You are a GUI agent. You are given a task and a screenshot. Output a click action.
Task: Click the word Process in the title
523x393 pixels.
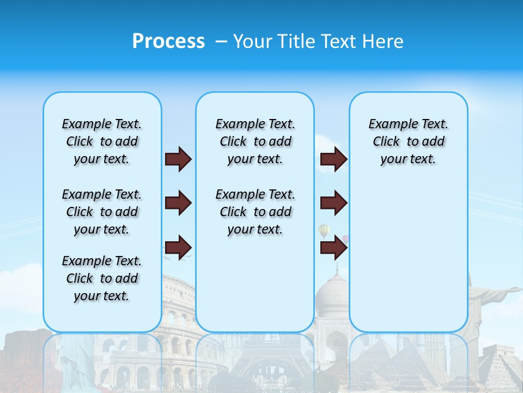tap(168, 41)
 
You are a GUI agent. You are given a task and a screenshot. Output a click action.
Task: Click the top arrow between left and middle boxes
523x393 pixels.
tap(178, 159)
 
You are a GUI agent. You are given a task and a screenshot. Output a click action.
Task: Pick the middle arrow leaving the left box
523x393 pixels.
tap(178, 203)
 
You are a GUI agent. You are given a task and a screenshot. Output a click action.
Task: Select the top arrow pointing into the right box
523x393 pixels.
tap(333, 159)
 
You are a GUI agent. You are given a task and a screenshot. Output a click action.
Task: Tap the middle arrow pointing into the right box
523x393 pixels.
tap(333, 203)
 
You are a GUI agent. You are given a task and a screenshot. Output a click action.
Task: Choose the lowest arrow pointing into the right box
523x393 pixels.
tap(333, 248)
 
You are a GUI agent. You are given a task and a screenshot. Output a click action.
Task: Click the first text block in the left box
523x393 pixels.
tap(102, 141)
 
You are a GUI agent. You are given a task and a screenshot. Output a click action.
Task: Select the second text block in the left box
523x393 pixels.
tap(102, 212)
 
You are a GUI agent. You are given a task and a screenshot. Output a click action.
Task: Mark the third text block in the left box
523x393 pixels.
tap(102, 278)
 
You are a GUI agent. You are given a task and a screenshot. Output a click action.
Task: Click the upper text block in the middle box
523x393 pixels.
tap(255, 141)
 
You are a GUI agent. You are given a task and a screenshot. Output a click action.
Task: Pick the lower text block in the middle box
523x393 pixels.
tap(255, 212)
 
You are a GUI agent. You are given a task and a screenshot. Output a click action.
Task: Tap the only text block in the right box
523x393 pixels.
tap(408, 141)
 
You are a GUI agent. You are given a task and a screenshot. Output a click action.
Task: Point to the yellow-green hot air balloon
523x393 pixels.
tap(324, 231)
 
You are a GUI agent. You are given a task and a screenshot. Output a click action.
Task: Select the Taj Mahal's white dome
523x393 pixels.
tap(332, 297)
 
